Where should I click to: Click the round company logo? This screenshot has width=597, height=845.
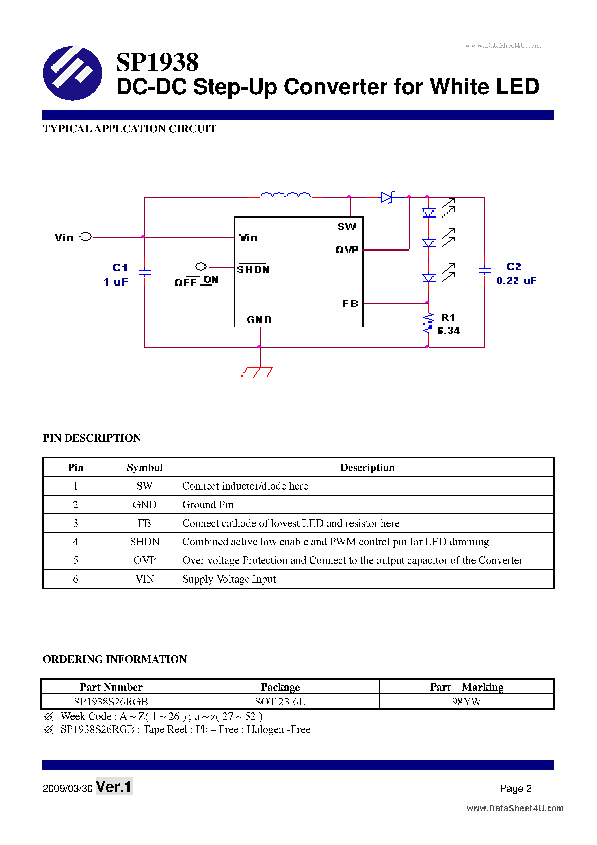point(72,73)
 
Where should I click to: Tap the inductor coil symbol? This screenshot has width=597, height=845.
point(286,195)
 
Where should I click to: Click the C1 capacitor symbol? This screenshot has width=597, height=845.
point(145,272)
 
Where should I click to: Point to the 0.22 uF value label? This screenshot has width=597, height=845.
point(516,281)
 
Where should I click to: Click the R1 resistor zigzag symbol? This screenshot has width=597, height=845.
point(428,323)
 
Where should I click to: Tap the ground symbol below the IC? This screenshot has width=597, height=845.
point(257,371)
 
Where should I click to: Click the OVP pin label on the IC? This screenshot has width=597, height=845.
point(347,250)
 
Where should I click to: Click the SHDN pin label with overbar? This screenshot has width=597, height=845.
point(253,269)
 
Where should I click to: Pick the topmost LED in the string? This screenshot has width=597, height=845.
point(429,213)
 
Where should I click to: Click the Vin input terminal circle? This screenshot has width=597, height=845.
point(85,237)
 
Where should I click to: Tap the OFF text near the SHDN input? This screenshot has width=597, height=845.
point(185,283)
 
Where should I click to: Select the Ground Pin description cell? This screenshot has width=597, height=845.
point(208,505)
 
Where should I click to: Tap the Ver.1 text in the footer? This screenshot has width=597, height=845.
point(114,787)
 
